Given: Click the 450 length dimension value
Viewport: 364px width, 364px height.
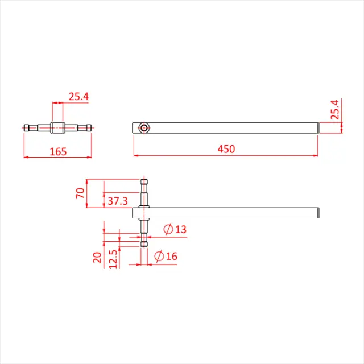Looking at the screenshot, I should [226, 149].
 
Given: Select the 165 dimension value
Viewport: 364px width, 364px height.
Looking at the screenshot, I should [58, 151].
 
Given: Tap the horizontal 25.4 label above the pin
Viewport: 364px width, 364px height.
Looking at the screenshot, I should [79, 97].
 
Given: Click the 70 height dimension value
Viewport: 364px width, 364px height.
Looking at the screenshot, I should [80, 193].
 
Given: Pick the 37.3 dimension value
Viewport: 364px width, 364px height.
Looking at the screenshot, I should [117, 201].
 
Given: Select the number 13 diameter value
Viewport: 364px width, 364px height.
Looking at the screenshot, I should [180, 229].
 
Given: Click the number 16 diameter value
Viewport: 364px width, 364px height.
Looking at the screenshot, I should [171, 257].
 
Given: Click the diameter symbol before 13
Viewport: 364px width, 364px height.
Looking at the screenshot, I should [168, 229].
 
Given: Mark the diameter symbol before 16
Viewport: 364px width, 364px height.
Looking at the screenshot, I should [159, 257].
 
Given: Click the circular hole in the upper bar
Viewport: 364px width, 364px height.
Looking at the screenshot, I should [145, 128].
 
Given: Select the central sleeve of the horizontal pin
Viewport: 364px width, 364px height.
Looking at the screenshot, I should [59, 128].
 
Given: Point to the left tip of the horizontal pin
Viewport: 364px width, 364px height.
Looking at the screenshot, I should [26, 128].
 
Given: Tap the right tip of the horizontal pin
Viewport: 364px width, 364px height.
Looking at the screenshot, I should [92, 128].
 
